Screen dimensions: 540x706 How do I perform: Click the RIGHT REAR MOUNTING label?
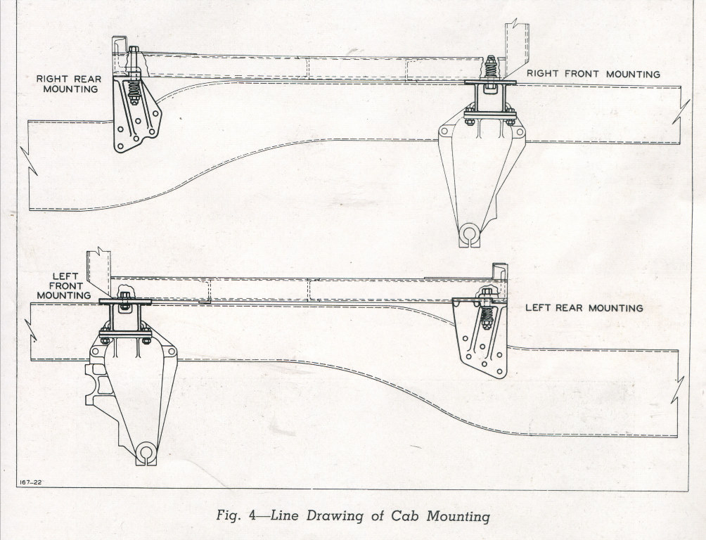(x=68, y=84)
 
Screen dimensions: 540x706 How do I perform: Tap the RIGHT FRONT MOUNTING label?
(x=593, y=74)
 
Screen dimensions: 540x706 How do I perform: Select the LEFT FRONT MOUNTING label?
(x=65, y=285)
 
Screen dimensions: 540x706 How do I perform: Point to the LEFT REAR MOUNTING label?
(x=584, y=308)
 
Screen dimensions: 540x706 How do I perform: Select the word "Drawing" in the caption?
(x=338, y=517)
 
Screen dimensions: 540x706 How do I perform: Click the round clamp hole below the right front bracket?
(x=469, y=234)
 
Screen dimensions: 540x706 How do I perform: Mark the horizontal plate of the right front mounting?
(x=490, y=83)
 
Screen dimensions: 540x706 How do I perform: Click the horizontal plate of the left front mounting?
(x=125, y=302)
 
